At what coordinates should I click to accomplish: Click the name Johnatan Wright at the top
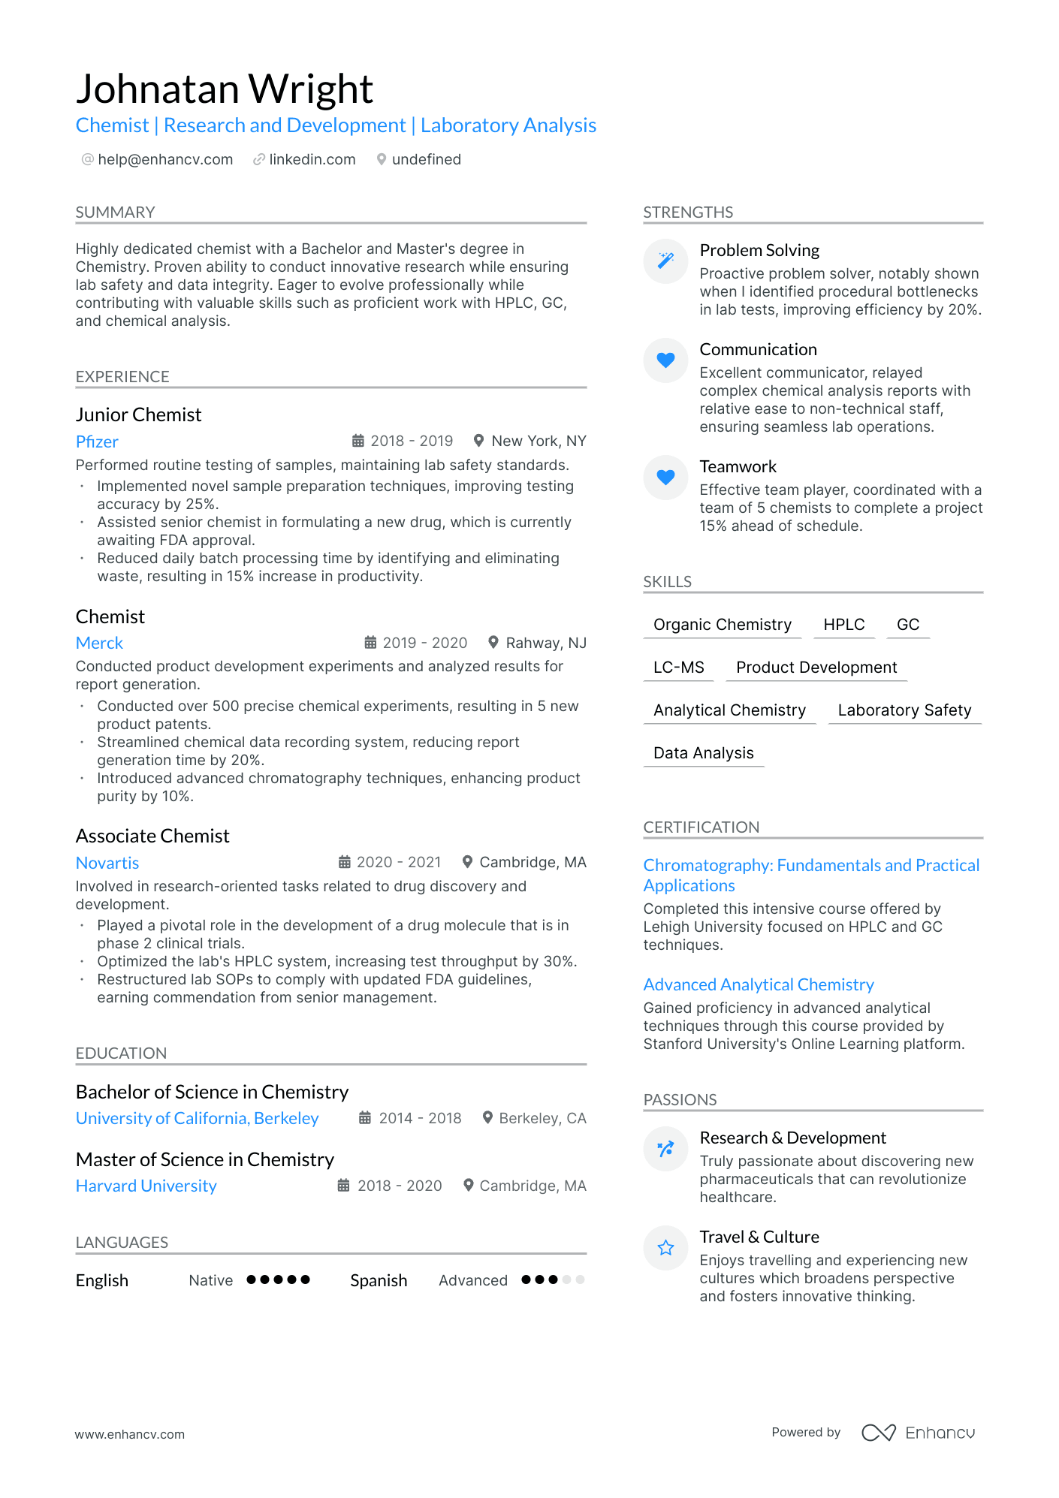pos(224,89)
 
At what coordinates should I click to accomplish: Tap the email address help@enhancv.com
pos(165,159)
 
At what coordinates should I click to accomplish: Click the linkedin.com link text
pos(312,159)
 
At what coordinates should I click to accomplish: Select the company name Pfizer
pos(97,442)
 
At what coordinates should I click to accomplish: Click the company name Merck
pos(99,643)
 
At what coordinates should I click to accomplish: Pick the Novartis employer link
pos(107,863)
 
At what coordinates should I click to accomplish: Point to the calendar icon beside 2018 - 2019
pos(358,441)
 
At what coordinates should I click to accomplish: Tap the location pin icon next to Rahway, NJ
pos(493,643)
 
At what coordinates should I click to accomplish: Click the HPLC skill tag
pos(843,625)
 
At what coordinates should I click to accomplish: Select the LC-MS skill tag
pos(678,668)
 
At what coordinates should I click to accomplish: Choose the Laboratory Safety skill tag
pos(904,710)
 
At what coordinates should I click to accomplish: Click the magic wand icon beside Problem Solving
pos(665,261)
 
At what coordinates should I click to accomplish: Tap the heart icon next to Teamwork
pos(665,477)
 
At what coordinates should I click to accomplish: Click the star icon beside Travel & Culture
pos(665,1248)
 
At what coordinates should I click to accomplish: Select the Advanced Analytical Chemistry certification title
pos(759,984)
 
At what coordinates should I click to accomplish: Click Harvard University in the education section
pos(146,1186)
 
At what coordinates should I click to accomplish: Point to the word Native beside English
pos(210,1280)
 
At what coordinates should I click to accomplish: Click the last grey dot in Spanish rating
pos(580,1279)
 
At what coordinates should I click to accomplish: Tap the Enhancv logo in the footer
pos(918,1433)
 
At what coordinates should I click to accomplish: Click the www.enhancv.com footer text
pos(129,1434)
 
